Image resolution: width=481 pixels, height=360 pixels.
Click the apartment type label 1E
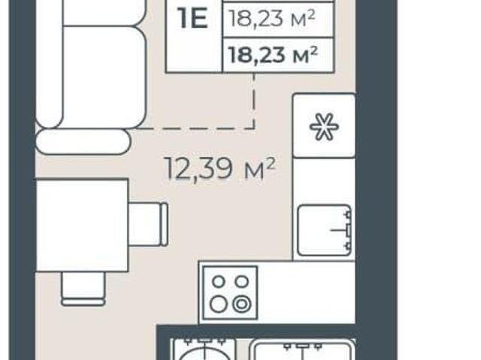point(194,19)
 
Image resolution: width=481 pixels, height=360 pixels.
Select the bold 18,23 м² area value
point(273,56)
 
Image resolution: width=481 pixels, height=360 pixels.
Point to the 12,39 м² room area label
point(220,168)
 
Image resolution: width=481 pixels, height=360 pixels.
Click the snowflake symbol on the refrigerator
point(324,127)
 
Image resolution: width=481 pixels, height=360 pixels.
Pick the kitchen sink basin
point(324,230)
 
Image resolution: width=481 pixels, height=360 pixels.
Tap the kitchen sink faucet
point(344,229)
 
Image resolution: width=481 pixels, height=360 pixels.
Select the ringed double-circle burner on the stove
point(242,304)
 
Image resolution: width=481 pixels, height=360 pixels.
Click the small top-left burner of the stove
point(219,281)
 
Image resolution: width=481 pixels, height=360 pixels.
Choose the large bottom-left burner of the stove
point(219,304)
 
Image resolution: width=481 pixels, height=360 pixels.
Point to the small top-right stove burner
point(242,281)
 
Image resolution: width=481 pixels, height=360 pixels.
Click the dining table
point(82,225)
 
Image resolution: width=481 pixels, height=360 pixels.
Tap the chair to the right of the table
point(148,224)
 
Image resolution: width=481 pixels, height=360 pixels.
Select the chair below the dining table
point(83,289)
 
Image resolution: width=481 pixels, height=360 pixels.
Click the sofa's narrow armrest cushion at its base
point(83,141)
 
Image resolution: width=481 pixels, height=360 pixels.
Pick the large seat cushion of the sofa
point(104,77)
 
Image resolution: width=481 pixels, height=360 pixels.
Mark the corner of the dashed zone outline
point(254,129)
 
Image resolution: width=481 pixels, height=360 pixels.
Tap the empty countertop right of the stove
point(306,293)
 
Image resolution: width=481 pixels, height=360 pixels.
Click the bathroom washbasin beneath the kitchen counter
point(303,349)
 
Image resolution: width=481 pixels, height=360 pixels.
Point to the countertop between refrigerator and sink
point(324,181)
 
